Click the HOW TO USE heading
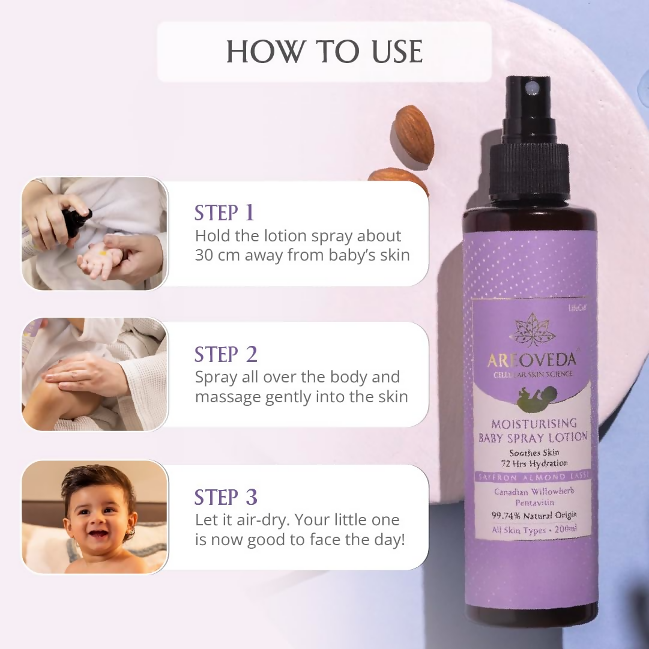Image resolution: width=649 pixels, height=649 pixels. [x=324, y=52]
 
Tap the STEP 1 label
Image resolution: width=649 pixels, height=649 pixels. [x=224, y=213]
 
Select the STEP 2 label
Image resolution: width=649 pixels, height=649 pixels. [x=226, y=355]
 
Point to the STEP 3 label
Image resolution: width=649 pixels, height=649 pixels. [x=226, y=497]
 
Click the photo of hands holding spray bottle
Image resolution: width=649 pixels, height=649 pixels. [x=95, y=234]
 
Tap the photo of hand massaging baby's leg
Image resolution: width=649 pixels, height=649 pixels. [x=95, y=375]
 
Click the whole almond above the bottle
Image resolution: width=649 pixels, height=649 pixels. [x=414, y=134]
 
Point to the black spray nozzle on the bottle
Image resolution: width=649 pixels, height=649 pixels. [x=528, y=138]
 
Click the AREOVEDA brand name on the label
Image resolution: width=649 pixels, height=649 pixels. [x=532, y=360]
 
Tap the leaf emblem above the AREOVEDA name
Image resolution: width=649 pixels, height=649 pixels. [x=532, y=330]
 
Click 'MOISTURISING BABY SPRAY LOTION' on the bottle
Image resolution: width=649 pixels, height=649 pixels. [x=533, y=430]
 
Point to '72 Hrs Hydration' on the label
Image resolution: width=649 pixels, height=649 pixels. [x=534, y=463]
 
